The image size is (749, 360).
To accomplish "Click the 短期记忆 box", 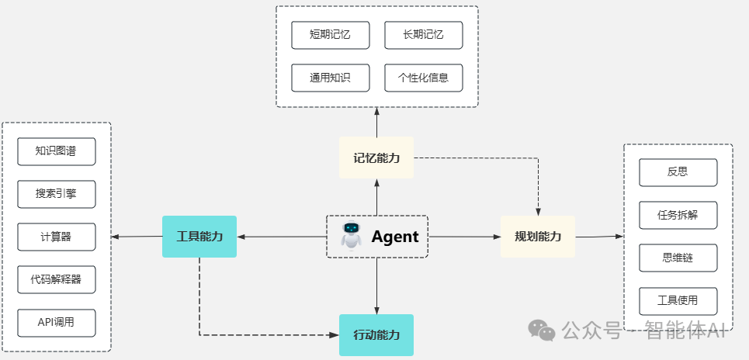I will (331, 35).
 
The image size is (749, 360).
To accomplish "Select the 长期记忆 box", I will (424, 35).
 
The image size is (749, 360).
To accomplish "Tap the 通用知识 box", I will (331, 78).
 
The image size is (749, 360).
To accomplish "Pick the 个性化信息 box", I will (424, 78).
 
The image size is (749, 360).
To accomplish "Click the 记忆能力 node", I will (376, 157).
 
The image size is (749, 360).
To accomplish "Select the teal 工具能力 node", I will (199, 237).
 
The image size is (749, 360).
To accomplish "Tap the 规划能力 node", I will (538, 237).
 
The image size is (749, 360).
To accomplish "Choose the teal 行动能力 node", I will (376, 335).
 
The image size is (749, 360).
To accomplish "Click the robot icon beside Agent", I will (352, 236).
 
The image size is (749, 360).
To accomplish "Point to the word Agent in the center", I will (394, 237).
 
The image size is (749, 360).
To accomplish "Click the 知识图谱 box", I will (57, 151).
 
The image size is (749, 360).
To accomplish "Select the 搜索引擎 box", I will (57, 194).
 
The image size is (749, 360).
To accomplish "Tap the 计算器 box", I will (57, 237).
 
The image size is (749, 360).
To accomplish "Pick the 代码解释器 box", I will (57, 279).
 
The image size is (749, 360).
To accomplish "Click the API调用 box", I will (57, 322).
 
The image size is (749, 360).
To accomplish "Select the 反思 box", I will (678, 172).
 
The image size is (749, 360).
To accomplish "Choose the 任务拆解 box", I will (678, 215).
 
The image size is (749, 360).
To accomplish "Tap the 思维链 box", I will (678, 258).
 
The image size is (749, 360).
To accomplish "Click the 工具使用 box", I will (678, 300).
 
